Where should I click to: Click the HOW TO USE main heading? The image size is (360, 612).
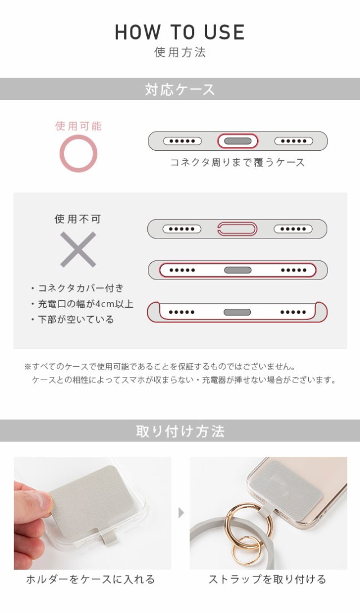(x=180, y=32)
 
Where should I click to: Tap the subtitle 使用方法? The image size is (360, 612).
(x=180, y=53)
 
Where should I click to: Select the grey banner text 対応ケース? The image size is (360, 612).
(x=180, y=89)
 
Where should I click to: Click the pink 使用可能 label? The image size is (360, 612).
(x=78, y=126)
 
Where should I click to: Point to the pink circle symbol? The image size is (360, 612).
(x=78, y=154)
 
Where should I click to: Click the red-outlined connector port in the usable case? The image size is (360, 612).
(x=237, y=141)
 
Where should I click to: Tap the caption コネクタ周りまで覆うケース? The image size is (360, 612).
(x=237, y=163)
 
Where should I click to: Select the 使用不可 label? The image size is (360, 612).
(x=78, y=219)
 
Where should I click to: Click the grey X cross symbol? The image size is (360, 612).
(x=78, y=249)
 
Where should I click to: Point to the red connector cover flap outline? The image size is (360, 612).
(x=237, y=229)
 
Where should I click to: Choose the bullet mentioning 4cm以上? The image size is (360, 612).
(x=82, y=304)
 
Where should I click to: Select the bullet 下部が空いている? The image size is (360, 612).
(x=73, y=319)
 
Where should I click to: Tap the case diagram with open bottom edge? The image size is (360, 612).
(x=237, y=312)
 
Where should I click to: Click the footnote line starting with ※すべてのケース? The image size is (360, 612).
(x=159, y=366)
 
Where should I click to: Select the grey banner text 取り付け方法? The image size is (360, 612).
(x=180, y=431)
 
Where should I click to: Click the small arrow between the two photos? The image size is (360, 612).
(x=181, y=513)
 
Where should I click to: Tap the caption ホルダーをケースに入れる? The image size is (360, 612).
(x=91, y=579)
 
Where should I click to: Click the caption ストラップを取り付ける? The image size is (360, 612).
(x=267, y=579)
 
